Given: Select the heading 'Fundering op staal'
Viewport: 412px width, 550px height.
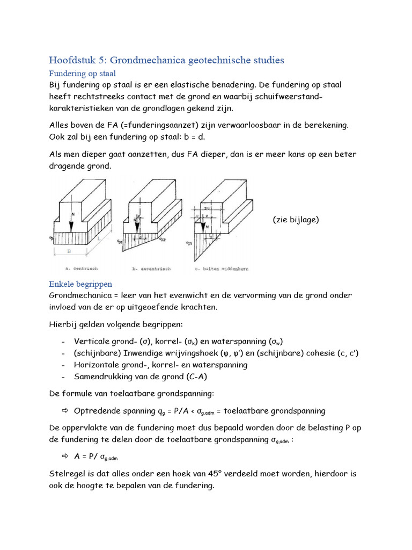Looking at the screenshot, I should pos(82,74).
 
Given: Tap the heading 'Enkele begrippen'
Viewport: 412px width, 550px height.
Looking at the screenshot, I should pos(80,284).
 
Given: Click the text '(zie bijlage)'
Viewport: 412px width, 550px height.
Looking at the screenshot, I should pos(296,220).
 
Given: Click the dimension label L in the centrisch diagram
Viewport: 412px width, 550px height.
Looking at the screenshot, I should pos(98,237).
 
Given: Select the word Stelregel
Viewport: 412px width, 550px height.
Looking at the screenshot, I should pos(67,474).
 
